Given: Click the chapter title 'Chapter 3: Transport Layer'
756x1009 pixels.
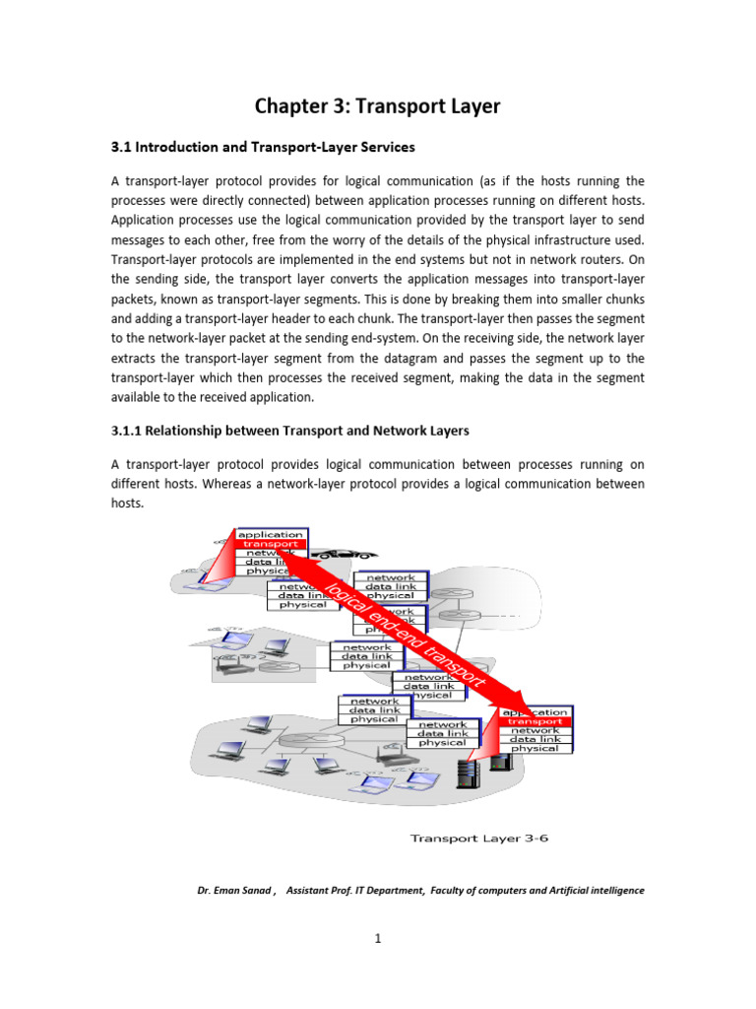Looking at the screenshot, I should pos(377,106).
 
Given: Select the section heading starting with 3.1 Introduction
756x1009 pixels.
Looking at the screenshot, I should pos(263,147).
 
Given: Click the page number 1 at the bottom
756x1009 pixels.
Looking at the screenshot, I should pos(377,938).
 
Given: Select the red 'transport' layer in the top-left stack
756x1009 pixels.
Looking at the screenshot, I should pos(271,544).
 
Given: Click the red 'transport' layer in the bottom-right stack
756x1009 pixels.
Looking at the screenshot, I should pos(535,721).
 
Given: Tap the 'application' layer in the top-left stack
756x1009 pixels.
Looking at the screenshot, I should pos(271,534).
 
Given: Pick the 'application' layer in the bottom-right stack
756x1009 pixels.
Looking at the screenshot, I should pos(535,711).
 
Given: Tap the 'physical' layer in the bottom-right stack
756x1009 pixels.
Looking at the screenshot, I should pos(535,748).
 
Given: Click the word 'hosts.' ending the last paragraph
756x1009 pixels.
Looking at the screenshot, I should pos(127,503).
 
